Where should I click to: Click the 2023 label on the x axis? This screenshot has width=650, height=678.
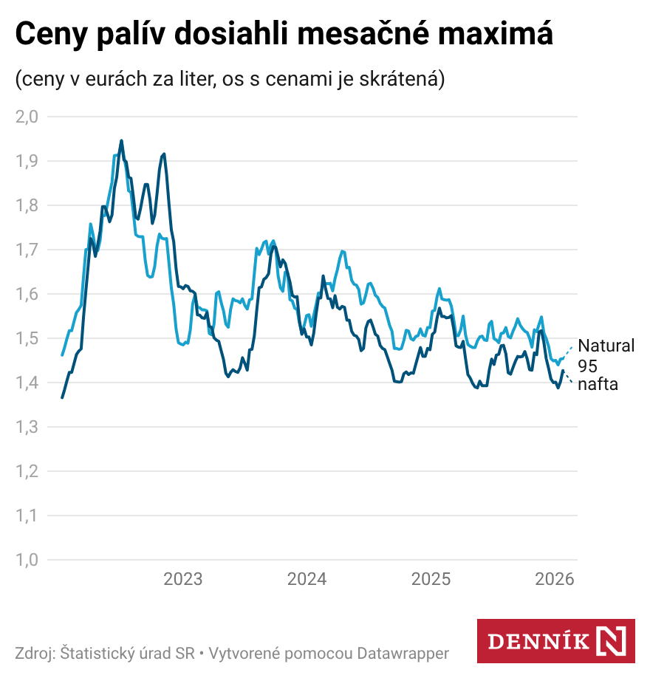pos(182,579)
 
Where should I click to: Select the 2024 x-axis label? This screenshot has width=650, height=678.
pos(307,579)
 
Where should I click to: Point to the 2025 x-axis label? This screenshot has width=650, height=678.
pos(431,579)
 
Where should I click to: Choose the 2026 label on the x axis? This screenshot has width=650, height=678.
pos(555,579)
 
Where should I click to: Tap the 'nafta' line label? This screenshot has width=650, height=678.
pos(598,384)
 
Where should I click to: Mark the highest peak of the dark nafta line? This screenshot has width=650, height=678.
pos(121,140)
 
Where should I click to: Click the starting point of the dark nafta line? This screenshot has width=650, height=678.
pos(62,397)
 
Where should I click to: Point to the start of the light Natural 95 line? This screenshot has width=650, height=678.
pos(62,355)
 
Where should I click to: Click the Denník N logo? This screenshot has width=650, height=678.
pos(555,640)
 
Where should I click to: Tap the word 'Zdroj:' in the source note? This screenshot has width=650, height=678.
pos(35,654)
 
